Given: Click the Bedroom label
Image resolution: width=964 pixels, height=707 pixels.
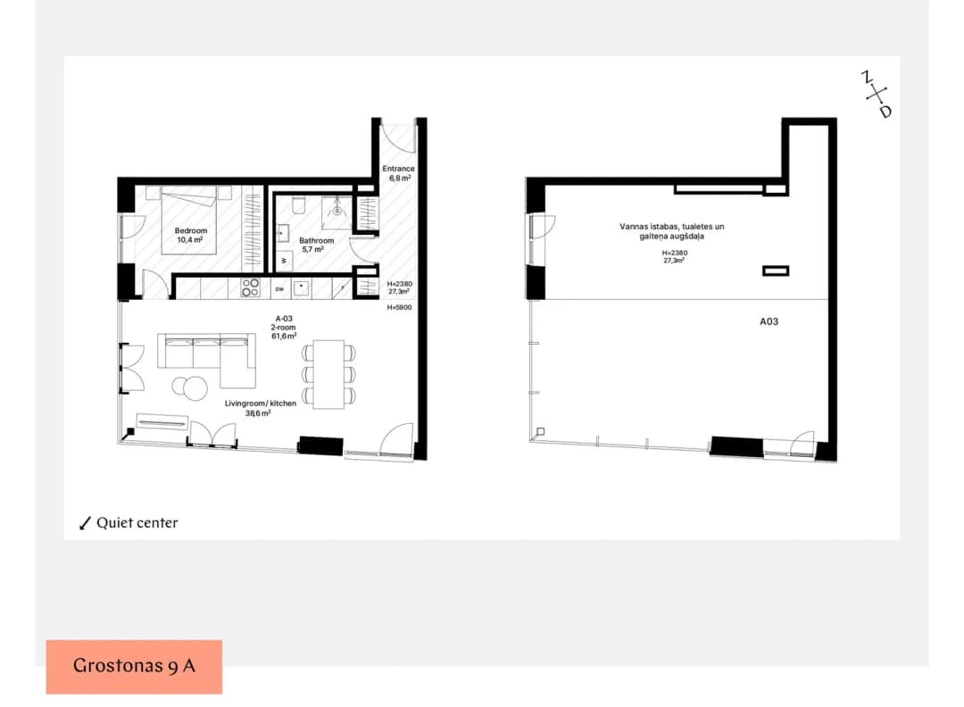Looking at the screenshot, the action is (x=191, y=230).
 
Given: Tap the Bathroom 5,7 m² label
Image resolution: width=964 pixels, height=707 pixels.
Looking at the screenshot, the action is (x=316, y=245).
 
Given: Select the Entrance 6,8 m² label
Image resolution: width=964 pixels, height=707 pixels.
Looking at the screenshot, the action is (x=398, y=173).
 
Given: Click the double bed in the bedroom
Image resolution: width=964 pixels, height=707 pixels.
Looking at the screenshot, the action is (x=189, y=220).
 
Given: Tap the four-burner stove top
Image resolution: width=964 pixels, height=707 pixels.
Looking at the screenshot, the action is (x=250, y=287).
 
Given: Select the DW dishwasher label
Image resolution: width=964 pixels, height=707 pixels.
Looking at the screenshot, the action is (x=279, y=289).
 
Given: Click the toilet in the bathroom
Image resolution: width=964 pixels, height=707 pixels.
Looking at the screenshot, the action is (x=299, y=205).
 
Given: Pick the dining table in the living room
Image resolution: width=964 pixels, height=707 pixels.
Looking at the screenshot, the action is (x=328, y=374).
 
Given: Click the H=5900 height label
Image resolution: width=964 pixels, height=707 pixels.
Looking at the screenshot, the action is (x=399, y=307).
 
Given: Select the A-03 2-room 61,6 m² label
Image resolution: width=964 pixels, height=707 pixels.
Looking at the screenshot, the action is (x=284, y=328).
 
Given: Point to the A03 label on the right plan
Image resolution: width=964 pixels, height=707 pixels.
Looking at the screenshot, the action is (x=769, y=321).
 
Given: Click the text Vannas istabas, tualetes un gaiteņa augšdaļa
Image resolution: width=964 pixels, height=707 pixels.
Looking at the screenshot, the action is (x=672, y=231).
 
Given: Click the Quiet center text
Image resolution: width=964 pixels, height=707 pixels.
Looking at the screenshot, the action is (x=137, y=522).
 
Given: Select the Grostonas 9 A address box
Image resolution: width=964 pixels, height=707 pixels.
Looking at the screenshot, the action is (x=134, y=667).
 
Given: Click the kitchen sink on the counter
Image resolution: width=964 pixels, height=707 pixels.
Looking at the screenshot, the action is (x=302, y=287).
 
